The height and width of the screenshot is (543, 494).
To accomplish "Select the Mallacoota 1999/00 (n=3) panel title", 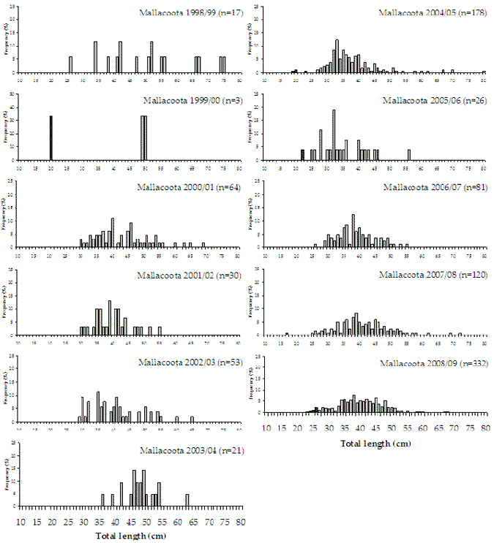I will pyautogui.click(x=187, y=100).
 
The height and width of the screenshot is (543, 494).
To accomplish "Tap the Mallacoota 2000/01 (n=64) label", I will pyautogui.click(x=185, y=187).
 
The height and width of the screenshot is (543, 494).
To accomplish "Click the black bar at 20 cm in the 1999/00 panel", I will pyautogui.click(x=51, y=137).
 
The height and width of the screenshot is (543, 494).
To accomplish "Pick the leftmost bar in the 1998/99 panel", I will pyautogui.click(x=70, y=64).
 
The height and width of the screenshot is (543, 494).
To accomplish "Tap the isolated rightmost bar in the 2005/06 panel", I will pyautogui.click(x=409, y=154).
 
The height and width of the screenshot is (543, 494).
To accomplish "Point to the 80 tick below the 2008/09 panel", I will pyautogui.click(x=484, y=429).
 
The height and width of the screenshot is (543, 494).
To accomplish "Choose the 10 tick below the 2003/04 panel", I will pyautogui.click(x=20, y=523).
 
